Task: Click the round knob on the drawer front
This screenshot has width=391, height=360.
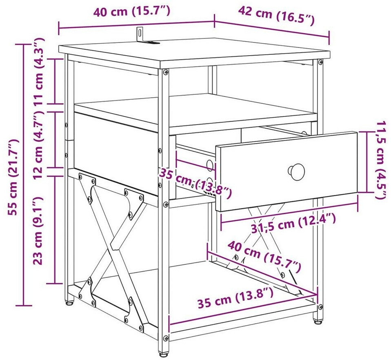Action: pos(296,171)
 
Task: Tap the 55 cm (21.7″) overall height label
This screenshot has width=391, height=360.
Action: pos(13,177)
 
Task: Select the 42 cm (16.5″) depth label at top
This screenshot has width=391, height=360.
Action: pos(276,16)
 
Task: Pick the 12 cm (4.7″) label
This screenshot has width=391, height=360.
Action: pos(39,144)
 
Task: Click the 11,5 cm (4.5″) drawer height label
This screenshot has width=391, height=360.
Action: pos(382,160)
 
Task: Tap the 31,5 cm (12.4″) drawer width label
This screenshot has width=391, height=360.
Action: pos(293,223)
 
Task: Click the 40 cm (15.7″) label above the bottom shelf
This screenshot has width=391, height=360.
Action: pos(264,257)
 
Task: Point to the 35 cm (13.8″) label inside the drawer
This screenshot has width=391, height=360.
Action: pos(195,182)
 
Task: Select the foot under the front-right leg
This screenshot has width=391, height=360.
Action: pos(317,322)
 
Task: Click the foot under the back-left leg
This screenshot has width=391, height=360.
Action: pos(69,302)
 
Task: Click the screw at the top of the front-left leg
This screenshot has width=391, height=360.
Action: pos(166,72)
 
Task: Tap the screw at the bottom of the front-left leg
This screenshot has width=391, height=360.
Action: pos(166,338)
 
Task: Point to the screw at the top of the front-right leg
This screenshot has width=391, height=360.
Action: pos(320,62)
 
